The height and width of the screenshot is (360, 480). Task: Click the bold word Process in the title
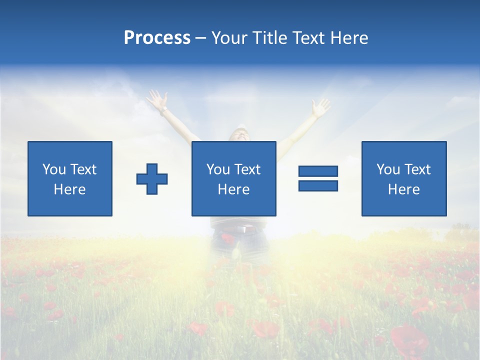pos(157,38)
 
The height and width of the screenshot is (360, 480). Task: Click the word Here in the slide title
pos(348,38)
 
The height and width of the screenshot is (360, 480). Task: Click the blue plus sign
pos(152,178)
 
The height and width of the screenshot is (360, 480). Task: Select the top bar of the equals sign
pos(318,171)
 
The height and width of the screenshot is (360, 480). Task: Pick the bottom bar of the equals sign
pos(318,185)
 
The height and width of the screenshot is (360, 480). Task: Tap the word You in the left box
pos(54,169)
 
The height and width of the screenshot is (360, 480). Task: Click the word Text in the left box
pos(82,169)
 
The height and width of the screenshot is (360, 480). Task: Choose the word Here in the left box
pos(69,189)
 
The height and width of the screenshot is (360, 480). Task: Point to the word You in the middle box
pos(218,169)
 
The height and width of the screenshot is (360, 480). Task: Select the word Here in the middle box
pos(233,189)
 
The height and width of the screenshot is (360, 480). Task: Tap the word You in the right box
pos(388,169)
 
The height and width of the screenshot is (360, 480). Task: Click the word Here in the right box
pos(403,189)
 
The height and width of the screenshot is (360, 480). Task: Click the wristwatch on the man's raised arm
pos(163,108)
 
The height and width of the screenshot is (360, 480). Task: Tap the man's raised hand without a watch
pos(320,107)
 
